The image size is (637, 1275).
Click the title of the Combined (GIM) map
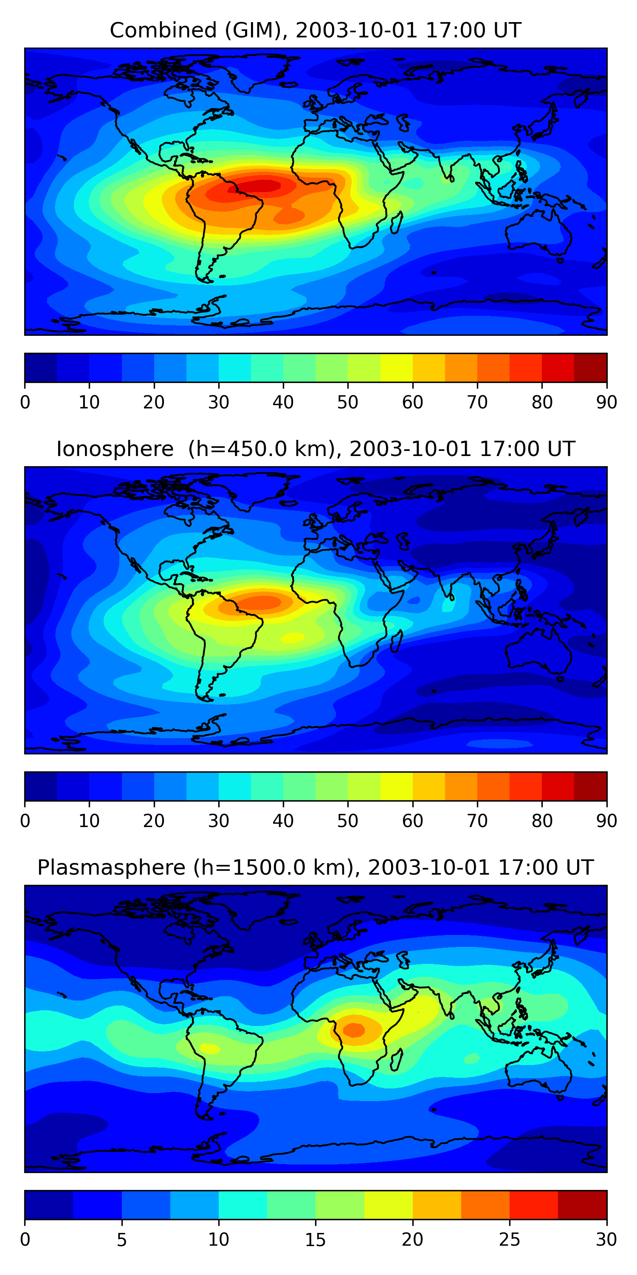pos(316,30)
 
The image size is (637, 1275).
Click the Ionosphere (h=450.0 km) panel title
pos(316,449)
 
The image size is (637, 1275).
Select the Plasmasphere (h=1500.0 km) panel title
pos(316,868)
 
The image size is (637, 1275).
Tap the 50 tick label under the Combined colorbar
pos(348,402)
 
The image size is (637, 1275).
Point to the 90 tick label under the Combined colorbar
pos(606,402)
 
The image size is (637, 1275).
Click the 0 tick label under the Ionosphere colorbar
pos(25,821)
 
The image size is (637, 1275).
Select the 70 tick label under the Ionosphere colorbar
pos(477,821)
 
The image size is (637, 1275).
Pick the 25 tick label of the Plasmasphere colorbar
pos(510,1240)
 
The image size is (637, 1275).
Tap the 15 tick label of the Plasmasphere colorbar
pos(316,1240)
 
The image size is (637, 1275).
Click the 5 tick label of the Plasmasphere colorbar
pos(121,1240)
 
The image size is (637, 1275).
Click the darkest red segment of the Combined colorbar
pos(591,368)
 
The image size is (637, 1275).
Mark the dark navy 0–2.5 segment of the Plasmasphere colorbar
pos(49,1205)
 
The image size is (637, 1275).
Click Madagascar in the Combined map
pos(396,223)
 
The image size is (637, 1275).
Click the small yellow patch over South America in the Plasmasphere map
pos(210,1049)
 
